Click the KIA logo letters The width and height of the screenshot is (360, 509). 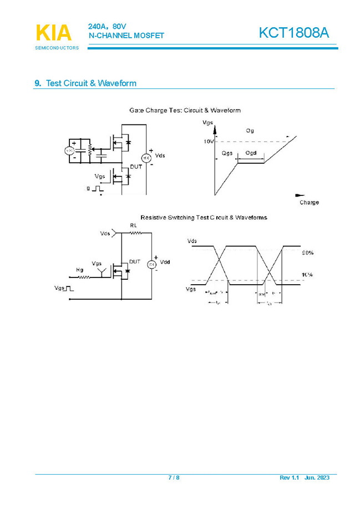pyautogui.click(x=54, y=33)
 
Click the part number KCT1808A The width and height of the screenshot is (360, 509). pyautogui.click(x=293, y=33)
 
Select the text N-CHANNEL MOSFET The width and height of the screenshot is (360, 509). pyautogui.click(x=126, y=36)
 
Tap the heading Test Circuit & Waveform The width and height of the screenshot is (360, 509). pyautogui.click(x=91, y=83)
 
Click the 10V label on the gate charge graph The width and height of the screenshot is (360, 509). pyautogui.click(x=208, y=142)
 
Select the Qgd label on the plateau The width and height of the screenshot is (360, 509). pyautogui.click(x=251, y=153)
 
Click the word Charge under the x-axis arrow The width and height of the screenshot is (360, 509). pyautogui.click(x=309, y=203)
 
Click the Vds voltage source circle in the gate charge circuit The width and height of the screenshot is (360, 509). pyautogui.click(x=148, y=157)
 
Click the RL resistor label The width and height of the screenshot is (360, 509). pyautogui.click(x=133, y=225)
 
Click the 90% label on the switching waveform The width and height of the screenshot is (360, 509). pyautogui.click(x=307, y=253)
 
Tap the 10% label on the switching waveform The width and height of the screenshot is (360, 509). pyautogui.click(x=307, y=275)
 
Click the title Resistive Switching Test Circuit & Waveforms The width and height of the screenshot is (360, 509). pyautogui.click(x=204, y=217)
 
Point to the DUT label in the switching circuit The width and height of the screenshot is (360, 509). pyautogui.click(x=135, y=261)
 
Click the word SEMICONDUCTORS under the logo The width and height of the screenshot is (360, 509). pyautogui.click(x=57, y=48)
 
